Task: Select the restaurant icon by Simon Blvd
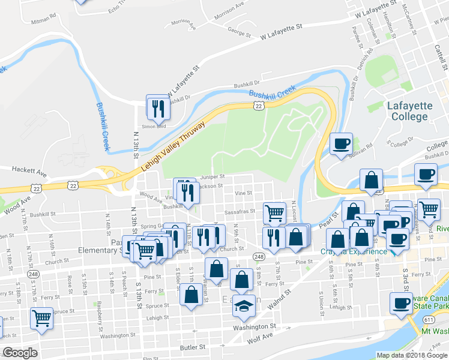coord(157,107)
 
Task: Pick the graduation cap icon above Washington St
coord(243,306)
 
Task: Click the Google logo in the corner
coord(20,353)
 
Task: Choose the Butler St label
coord(192,347)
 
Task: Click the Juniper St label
coord(212,177)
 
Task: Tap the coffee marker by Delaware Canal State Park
coord(400,303)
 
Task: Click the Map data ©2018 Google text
coord(411,355)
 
